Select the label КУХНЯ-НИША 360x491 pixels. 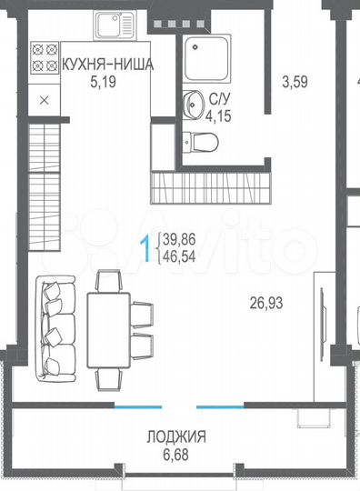105,65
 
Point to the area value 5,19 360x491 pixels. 105,81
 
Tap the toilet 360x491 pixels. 201,141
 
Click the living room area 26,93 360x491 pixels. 266,301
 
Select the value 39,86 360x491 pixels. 181,239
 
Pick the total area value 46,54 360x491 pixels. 181,255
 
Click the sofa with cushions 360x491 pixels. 55,328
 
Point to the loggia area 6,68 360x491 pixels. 176,453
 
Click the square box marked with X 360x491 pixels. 44,102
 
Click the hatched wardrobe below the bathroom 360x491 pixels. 212,188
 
